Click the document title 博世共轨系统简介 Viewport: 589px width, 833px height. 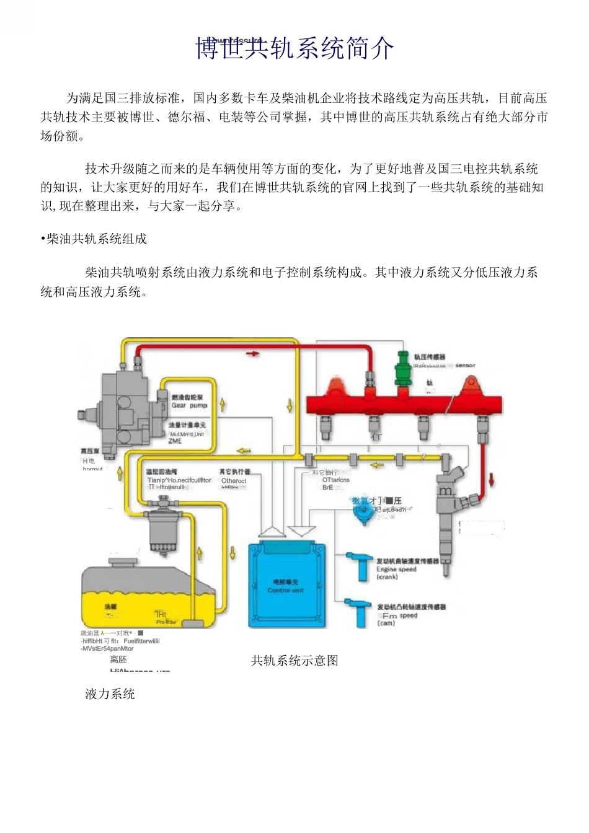point(294,48)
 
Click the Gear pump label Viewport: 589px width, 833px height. point(189,405)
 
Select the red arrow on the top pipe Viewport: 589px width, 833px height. point(252,353)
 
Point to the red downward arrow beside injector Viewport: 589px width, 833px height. point(492,478)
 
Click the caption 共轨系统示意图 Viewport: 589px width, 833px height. point(294,661)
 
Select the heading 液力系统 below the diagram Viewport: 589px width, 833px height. point(110,694)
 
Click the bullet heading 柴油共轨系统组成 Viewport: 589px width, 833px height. point(94,239)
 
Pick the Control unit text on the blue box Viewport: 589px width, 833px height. point(285,590)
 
